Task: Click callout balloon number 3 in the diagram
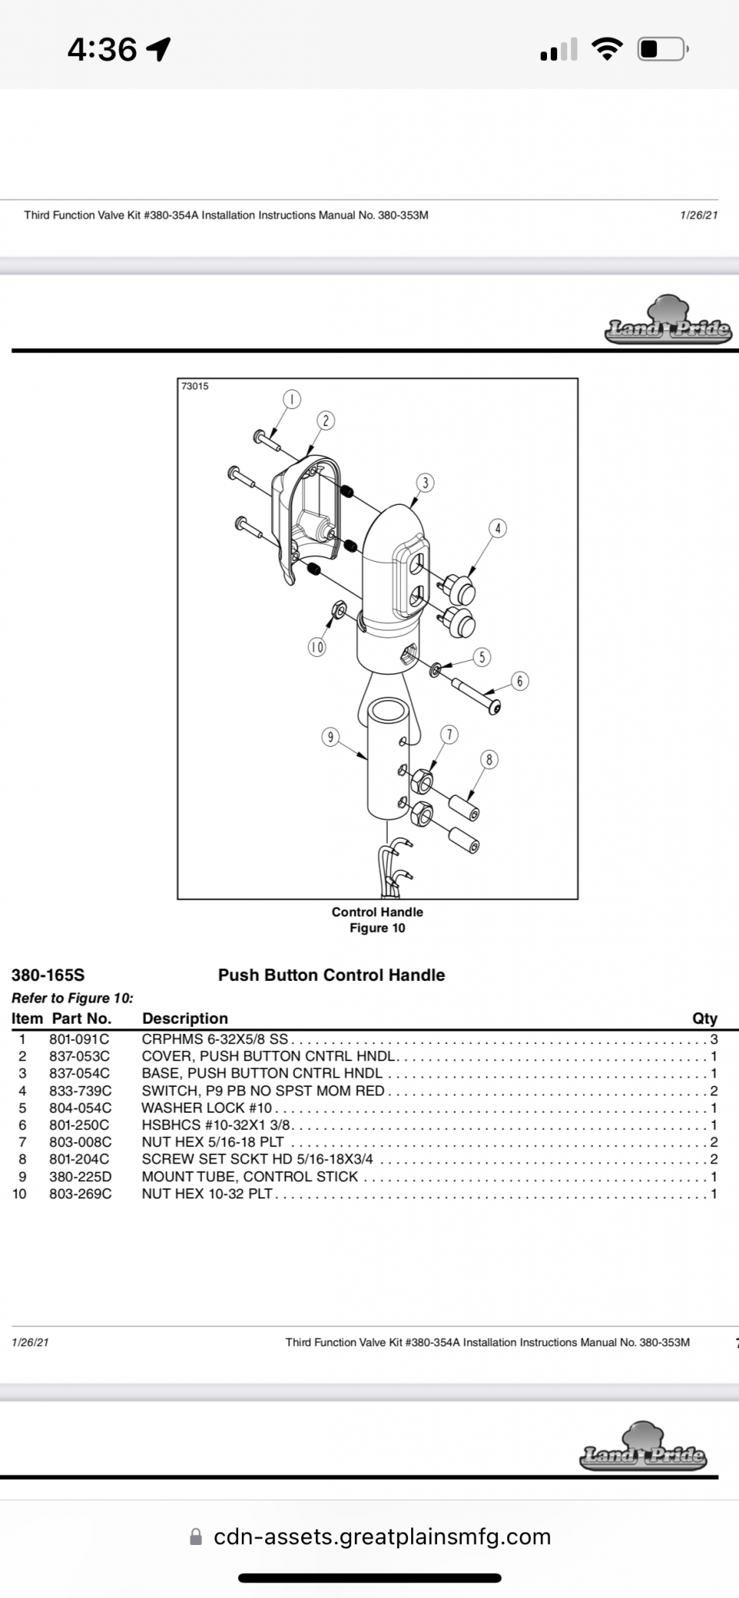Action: [425, 483]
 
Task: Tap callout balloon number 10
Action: [317, 647]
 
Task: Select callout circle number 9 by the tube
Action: [331, 737]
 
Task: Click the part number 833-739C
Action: [80, 1091]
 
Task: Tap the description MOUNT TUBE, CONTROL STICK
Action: [250, 1177]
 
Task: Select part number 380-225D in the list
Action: [80, 1177]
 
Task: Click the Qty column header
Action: [704, 1018]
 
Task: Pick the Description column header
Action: [185, 1018]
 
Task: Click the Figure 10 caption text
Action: [377, 928]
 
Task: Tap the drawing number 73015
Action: [195, 386]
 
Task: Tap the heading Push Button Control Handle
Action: [332, 975]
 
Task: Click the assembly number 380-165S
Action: [48, 975]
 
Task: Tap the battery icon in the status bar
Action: [661, 50]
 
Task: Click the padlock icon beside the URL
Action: [196, 1537]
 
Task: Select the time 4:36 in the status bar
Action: [102, 50]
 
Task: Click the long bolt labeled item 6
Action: [476, 695]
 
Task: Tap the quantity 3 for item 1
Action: [713, 1039]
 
